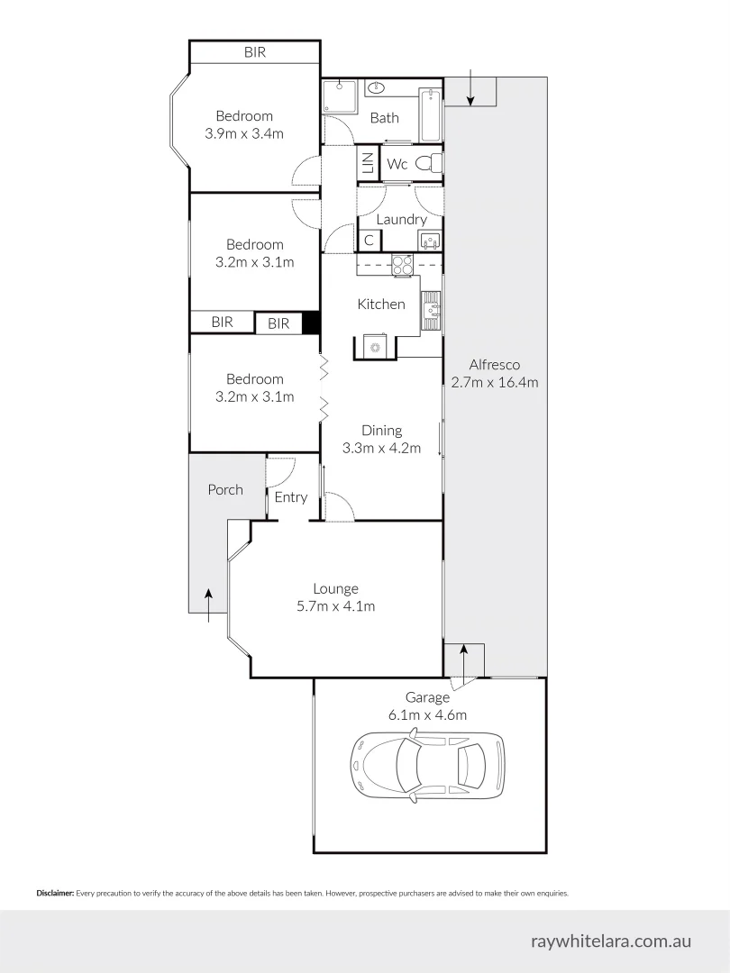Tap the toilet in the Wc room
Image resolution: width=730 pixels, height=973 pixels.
433,164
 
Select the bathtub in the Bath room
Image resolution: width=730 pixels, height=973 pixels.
430,115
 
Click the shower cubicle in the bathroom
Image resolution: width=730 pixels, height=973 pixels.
341,97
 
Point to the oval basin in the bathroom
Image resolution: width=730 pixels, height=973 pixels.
377,89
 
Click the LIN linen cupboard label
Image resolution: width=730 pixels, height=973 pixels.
368,164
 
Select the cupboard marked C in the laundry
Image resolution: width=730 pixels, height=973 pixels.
369,241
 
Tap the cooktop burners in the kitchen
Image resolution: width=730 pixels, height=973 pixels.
402,265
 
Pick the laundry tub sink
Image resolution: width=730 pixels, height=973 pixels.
429,241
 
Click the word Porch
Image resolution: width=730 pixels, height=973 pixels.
225,489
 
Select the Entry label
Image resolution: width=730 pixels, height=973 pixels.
291,496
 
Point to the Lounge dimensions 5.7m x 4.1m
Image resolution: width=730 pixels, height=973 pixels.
335,606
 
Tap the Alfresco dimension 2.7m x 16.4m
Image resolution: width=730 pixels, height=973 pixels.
494,382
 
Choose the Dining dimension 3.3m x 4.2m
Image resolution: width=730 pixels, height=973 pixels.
381,448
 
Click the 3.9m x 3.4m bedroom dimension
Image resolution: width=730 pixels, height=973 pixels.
243,134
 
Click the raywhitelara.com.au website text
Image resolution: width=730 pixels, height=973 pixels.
611,941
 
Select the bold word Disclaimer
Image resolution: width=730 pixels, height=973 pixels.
55,894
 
